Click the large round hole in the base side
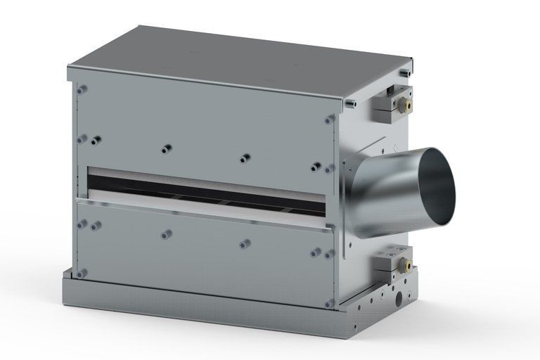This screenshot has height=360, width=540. tap(400, 298)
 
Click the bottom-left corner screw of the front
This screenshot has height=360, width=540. tap(82, 273)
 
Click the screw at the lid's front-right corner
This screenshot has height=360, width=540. tap(352, 103)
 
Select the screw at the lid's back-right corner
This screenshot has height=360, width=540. tap(403, 72)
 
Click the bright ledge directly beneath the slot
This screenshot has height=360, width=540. tap(204, 210)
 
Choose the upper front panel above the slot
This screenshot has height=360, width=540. tap(204, 127)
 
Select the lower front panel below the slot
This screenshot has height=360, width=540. tap(204, 250)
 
